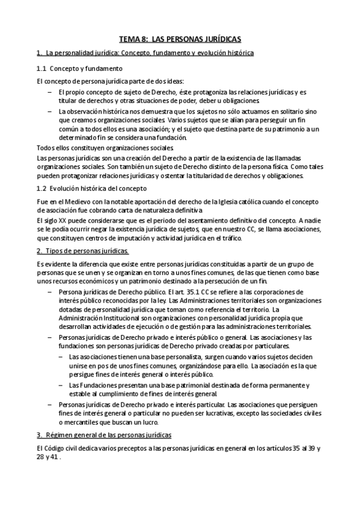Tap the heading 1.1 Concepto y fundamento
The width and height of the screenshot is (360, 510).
79,69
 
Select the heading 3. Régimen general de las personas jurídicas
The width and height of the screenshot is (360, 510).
104,434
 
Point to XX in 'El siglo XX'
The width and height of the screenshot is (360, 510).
62,221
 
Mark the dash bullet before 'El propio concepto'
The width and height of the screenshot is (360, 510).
49,92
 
